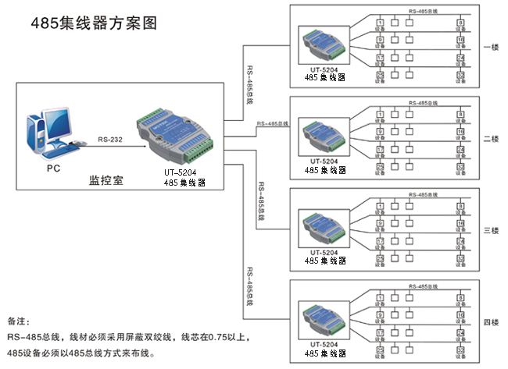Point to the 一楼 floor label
coord(491,48)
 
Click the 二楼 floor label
coord(491,139)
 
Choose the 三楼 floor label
coord(491,231)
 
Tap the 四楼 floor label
coord(491,322)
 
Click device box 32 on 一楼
coord(460,75)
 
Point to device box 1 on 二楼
coord(380,114)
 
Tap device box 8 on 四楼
coord(460,297)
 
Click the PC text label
coord(53,168)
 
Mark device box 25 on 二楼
coord(380,166)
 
